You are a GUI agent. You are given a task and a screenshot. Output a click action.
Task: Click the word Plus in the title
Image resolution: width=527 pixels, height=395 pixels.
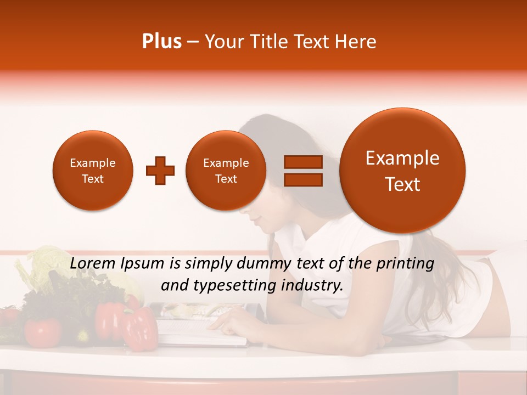point(162,42)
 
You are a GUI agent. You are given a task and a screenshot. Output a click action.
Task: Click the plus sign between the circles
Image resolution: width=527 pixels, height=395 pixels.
point(160,171)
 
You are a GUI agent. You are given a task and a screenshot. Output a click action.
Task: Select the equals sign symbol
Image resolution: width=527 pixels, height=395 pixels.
point(303,171)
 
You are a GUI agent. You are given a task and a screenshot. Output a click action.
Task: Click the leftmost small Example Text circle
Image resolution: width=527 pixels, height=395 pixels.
point(92,171)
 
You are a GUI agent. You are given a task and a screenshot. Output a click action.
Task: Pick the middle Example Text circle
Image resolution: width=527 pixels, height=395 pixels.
point(226,171)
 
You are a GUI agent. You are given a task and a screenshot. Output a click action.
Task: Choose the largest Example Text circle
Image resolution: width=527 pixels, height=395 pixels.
point(402,171)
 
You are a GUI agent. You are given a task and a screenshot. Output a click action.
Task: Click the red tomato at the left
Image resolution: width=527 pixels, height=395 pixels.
point(42,331)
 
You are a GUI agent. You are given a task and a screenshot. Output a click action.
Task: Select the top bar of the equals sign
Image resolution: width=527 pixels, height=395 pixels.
point(303,162)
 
